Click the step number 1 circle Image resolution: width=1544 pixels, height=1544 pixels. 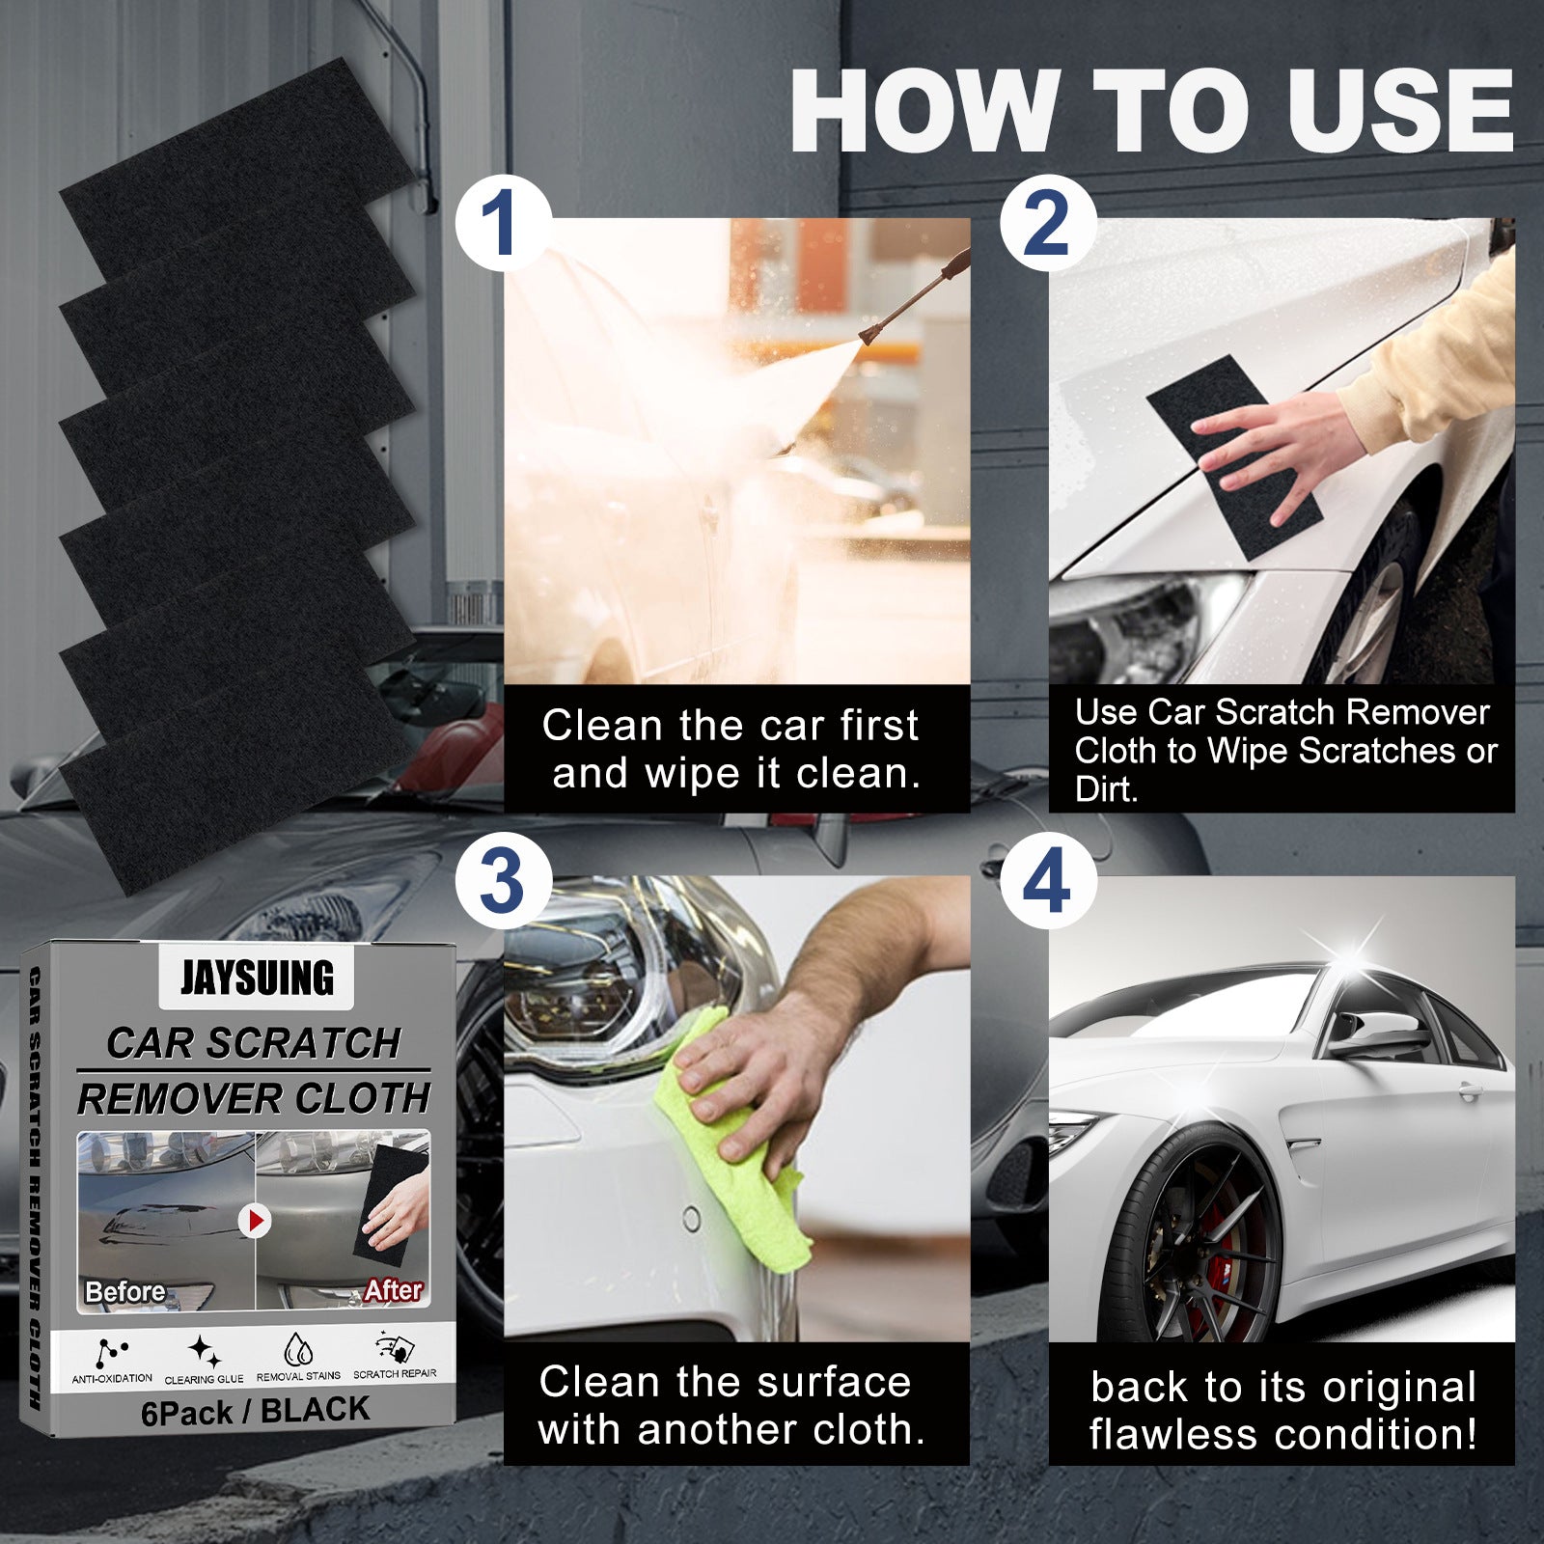pos(503,223)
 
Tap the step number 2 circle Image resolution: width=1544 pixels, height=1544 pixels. pos(1047,223)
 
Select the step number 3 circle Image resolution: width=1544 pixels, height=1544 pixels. pos(503,880)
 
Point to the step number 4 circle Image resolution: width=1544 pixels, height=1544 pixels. pos(1047,880)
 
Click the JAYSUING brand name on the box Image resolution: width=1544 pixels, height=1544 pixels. pos(257,978)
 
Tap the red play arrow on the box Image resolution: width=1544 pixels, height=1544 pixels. pos(255,1221)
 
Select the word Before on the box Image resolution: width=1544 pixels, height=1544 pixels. pos(124,1291)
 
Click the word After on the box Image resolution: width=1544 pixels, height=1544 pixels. pos(393,1289)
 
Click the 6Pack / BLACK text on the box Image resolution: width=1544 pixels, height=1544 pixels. pos(255,1411)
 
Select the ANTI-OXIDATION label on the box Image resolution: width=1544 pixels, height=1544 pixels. pos(112,1378)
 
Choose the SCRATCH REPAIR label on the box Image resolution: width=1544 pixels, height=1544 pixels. pos(394,1373)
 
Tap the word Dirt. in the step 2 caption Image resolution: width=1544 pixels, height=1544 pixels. pos(1107,789)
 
